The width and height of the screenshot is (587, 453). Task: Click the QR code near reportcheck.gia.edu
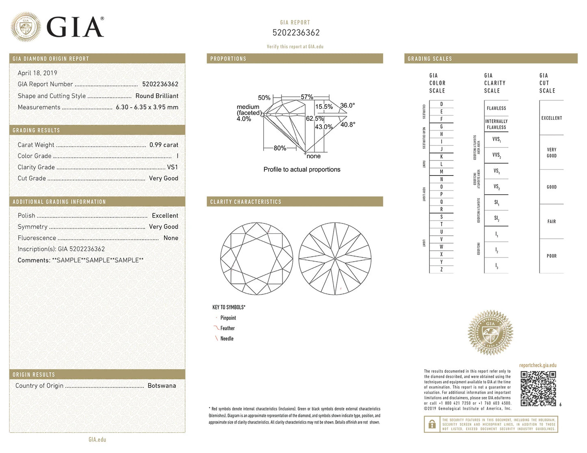pyautogui.click(x=538, y=388)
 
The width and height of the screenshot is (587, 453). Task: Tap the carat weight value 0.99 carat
pyautogui.click(x=164, y=145)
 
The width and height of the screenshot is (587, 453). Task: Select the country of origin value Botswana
pyautogui.click(x=162, y=386)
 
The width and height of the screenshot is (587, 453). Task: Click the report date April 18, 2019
pyautogui.click(x=37, y=73)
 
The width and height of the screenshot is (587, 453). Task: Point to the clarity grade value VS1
pyautogui.click(x=172, y=167)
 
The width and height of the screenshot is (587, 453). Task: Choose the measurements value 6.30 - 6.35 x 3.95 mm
pyautogui.click(x=147, y=107)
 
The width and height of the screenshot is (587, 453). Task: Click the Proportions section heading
pyautogui.click(x=228, y=59)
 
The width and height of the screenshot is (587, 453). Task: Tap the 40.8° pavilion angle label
pyautogui.click(x=348, y=124)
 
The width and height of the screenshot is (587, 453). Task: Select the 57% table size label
pyautogui.click(x=307, y=97)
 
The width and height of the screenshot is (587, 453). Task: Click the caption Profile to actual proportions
pyautogui.click(x=302, y=169)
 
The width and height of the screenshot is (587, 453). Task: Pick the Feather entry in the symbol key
pyautogui.click(x=227, y=328)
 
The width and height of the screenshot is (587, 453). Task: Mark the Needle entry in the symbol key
pyautogui.click(x=227, y=338)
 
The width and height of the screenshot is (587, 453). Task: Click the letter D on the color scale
pyautogui.click(x=442, y=104)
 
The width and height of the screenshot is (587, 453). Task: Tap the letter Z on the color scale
pyautogui.click(x=442, y=269)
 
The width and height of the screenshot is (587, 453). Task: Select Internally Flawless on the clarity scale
pyautogui.click(x=496, y=124)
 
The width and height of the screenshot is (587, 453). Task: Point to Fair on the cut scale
pyautogui.click(x=551, y=221)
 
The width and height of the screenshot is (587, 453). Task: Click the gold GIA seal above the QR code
pyautogui.click(x=490, y=333)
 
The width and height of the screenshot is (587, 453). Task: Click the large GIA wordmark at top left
pyautogui.click(x=75, y=27)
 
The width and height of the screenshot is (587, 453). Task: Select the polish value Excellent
pyautogui.click(x=165, y=216)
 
